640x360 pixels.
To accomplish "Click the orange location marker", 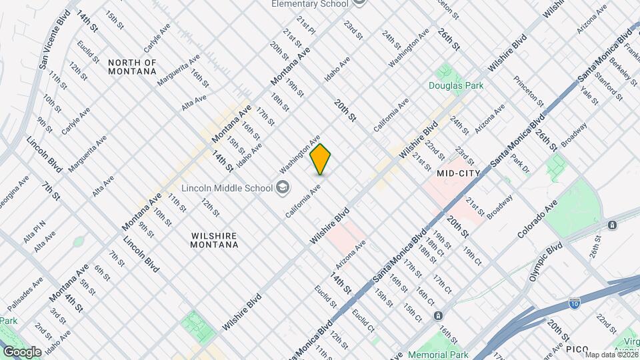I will tap(321, 159).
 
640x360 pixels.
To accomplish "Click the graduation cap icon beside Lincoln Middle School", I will tap(283, 186).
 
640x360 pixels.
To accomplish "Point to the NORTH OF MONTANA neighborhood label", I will tap(132, 67).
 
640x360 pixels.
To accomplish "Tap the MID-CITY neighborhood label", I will tap(459, 173).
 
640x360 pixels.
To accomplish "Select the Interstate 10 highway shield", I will tap(574, 304).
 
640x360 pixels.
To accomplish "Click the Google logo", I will tap(22, 351).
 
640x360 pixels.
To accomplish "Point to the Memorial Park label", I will tap(439, 355).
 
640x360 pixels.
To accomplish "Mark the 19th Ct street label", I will tap(473, 257).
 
